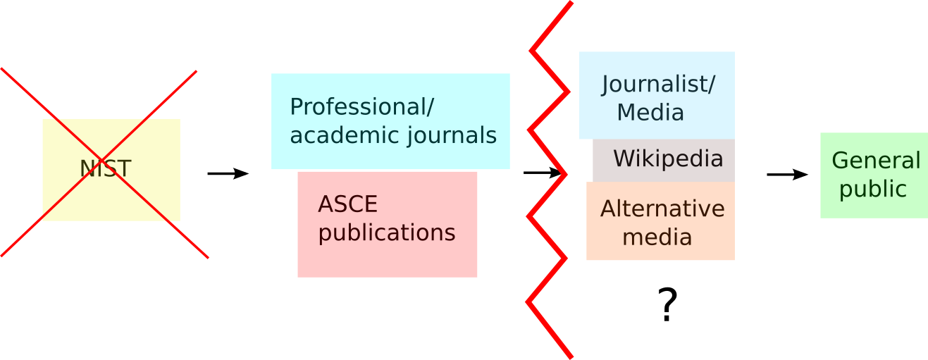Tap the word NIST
pyautogui.click(x=106, y=169)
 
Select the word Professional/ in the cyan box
pyautogui.click(x=361, y=107)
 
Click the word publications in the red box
pyautogui.click(x=387, y=232)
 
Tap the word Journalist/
pyautogui.click(x=658, y=85)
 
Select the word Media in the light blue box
pyautogui.click(x=650, y=113)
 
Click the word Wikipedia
pyautogui.click(x=668, y=159)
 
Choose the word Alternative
pyautogui.click(x=662, y=209)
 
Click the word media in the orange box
pyautogui.click(x=657, y=237)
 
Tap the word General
pyautogui.click(x=876, y=161)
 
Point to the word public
pyautogui.click(x=872, y=189)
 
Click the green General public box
pyautogui.click(x=874, y=208)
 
